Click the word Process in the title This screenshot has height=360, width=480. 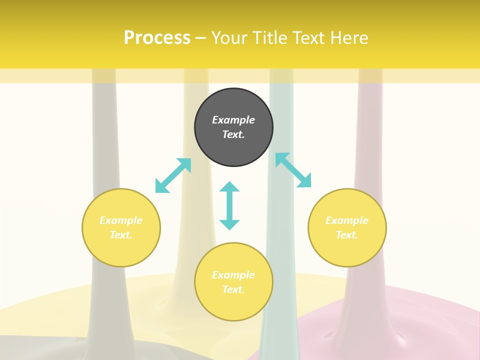[157, 38]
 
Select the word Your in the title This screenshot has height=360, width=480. [228, 38]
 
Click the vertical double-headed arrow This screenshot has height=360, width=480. [229, 205]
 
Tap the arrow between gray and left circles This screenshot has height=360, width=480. [173, 175]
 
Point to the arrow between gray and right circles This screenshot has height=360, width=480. [293, 170]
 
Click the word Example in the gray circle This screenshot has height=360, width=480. [233, 120]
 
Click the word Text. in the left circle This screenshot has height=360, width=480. [121, 235]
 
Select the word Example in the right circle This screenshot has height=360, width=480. [347, 220]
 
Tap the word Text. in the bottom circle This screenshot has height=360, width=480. [233, 289]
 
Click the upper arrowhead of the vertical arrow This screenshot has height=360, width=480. [229, 187]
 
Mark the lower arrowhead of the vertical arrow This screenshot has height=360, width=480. [229, 224]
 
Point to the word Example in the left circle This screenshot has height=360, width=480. [121, 220]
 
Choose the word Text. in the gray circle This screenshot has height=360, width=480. [233, 134]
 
